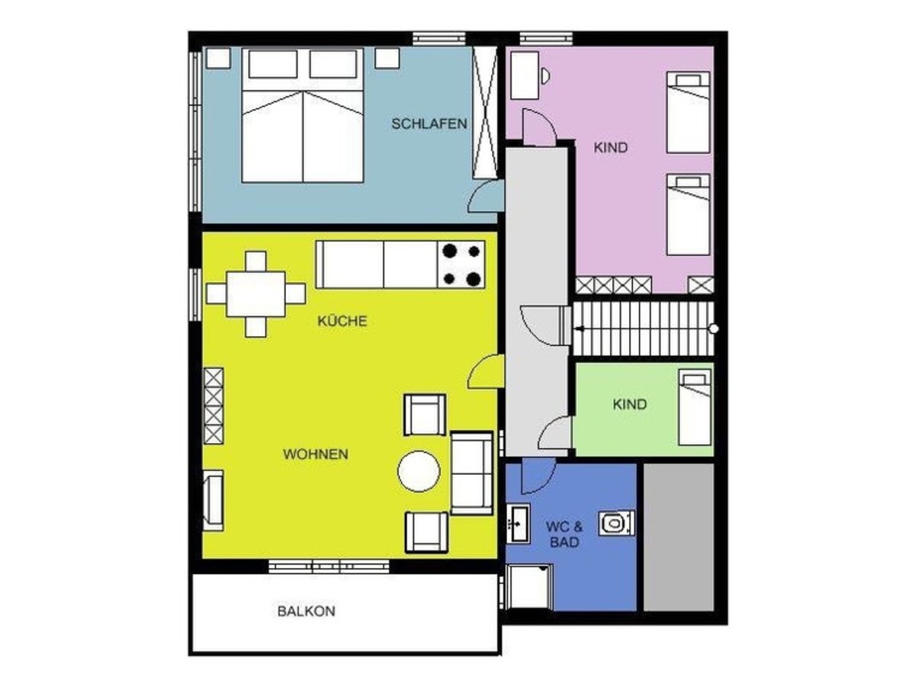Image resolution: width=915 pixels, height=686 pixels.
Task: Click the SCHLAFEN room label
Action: (429, 123)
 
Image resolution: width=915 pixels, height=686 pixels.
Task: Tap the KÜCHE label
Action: (342, 321)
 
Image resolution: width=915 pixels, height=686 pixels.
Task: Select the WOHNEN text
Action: (316, 454)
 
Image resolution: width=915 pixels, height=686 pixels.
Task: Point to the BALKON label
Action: (307, 611)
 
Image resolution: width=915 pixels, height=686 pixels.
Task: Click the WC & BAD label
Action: (564, 534)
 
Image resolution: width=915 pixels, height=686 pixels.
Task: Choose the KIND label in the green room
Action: (630, 404)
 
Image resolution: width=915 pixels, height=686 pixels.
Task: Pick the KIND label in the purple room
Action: (611, 147)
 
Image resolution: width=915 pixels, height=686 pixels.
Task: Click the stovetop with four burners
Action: (461, 264)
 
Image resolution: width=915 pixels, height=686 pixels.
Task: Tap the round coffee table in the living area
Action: (419, 472)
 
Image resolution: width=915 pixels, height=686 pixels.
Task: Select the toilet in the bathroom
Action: (617, 523)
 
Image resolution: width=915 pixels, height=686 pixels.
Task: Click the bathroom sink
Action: (518, 523)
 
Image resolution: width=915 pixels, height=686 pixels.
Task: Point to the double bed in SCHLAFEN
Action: (303, 115)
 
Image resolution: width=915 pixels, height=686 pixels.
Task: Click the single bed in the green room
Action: (695, 407)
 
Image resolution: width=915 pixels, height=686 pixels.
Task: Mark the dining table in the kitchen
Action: (256, 294)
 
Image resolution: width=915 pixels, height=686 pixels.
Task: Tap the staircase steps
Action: (644, 329)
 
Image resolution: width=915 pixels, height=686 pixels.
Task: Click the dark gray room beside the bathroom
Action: (679, 537)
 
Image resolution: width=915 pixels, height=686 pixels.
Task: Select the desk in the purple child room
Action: (525, 75)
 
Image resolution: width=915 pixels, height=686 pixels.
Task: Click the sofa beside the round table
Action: (472, 473)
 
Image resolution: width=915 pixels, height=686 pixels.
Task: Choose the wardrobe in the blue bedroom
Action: (485, 113)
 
